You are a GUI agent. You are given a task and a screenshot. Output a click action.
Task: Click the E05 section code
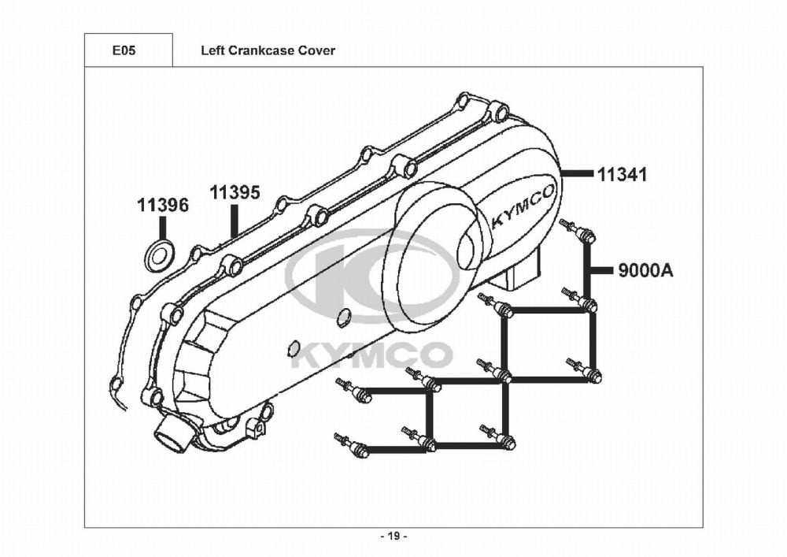[124, 50]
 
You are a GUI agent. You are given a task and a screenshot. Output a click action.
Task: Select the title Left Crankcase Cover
[268, 50]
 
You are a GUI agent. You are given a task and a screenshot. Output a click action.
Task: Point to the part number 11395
[235, 192]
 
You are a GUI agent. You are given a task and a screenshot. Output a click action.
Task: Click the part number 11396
[163, 206]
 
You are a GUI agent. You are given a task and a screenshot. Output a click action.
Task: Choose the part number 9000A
[645, 271]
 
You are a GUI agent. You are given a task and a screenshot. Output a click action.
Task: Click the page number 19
[393, 537]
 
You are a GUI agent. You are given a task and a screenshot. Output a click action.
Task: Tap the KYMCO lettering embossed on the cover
[523, 207]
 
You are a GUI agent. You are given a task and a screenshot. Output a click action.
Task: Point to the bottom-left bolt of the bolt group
[351, 446]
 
